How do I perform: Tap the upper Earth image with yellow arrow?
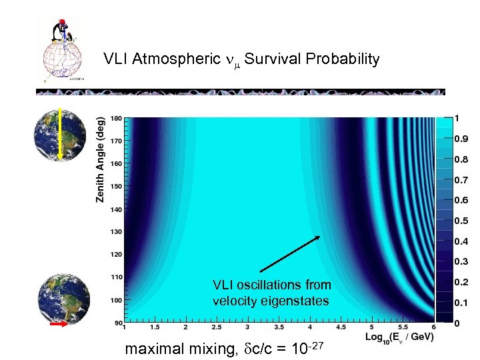click(60, 133)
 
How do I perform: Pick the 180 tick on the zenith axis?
click(116, 119)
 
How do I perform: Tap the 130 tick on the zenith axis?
click(116, 231)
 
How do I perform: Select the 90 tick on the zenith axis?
click(118, 323)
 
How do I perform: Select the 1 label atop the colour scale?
click(457, 119)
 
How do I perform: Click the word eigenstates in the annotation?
click(297, 301)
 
